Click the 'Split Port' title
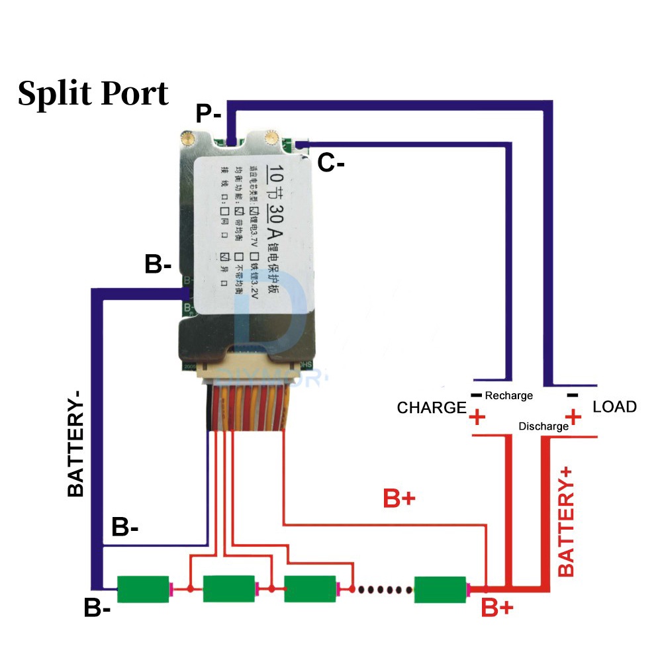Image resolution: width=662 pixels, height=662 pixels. (93, 93)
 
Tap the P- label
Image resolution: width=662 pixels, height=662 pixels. (209, 114)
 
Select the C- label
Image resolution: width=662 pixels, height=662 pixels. (331, 162)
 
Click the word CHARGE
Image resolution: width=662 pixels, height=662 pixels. (432, 408)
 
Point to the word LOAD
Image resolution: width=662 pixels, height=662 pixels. (614, 406)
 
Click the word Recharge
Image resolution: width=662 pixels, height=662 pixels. (508, 395)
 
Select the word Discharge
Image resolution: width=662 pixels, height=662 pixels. (544, 426)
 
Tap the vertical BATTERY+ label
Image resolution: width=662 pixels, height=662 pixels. (567, 520)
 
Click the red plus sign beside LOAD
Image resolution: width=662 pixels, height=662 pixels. (574, 416)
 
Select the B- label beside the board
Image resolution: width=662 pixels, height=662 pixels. (158, 265)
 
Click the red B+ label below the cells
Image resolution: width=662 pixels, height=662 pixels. (497, 608)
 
